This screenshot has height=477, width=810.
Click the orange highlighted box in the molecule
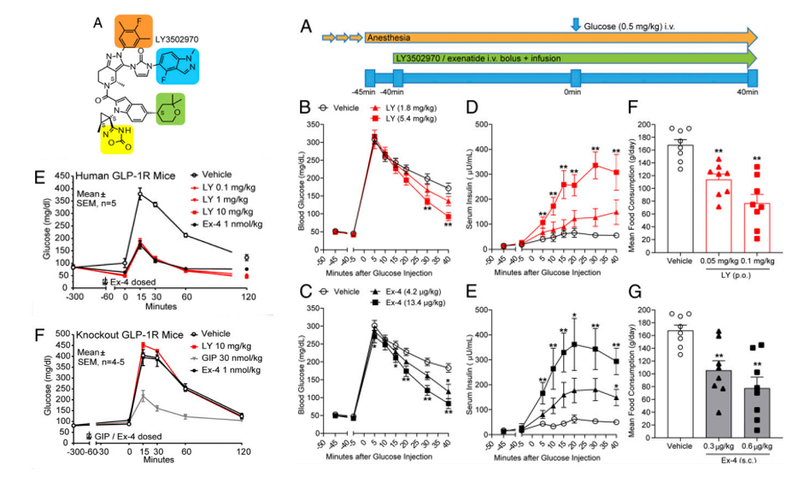(x=134, y=32)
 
